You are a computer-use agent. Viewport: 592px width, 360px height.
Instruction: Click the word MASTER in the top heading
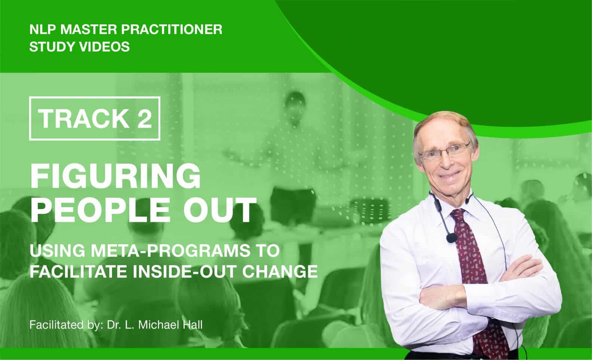[88, 30]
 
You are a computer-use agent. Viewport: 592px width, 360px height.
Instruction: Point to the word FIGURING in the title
[115, 176]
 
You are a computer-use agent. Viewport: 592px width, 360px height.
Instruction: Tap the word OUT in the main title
[220, 210]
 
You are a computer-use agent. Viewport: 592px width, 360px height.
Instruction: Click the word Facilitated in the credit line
[56, 325]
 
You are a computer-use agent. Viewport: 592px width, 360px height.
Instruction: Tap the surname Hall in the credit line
[192, 325]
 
